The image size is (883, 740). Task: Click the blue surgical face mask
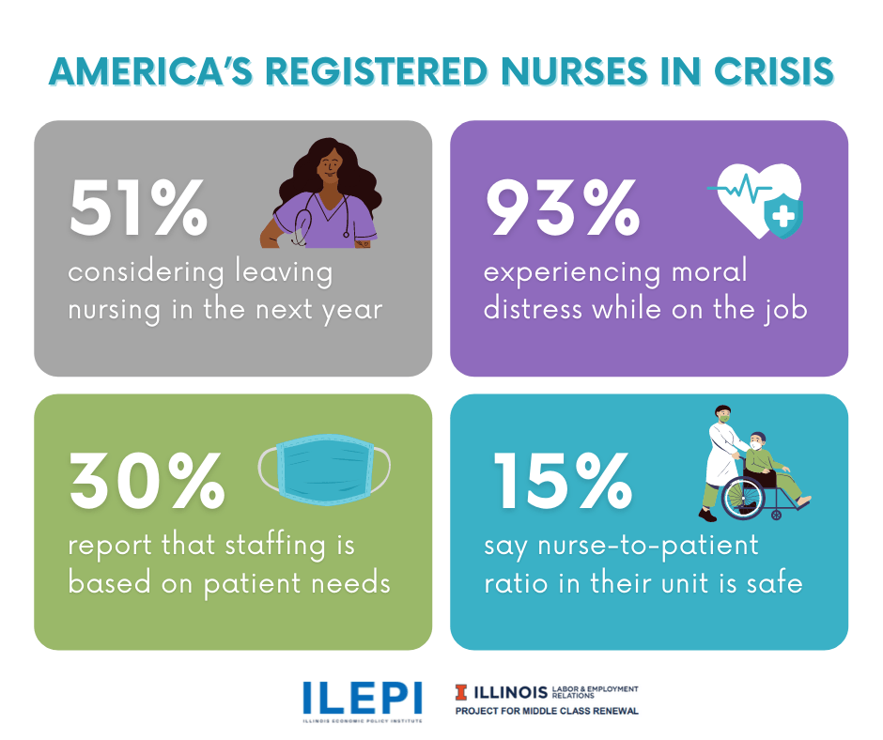(x=324, y=467)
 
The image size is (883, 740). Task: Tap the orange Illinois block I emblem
(x=460, y=693)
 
